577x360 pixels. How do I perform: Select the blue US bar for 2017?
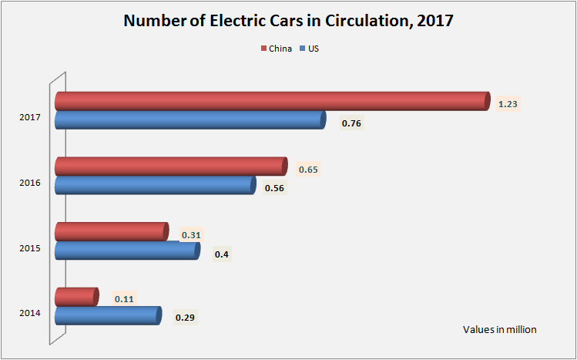(190, 119)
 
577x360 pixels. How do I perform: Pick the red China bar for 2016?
(170, 167)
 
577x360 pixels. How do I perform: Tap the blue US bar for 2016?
(154, 185)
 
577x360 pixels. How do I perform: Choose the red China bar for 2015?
(111, 231)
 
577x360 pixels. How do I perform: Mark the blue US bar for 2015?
(126, 250)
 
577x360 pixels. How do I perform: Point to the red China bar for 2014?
(76, 297)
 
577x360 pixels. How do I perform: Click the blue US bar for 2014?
(107, 315)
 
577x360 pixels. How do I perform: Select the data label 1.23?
(508, 103)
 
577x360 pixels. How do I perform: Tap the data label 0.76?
(351, 123)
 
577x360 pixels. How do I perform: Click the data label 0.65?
(308, 169)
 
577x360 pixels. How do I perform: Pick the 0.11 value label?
(124, 299)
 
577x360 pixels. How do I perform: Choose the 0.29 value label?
(185, 318)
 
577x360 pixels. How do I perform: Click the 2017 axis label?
(30, 118)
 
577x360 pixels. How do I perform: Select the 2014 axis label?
(30, 314)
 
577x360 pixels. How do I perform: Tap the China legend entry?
(275, 49)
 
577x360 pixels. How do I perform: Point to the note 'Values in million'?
(499, 329)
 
